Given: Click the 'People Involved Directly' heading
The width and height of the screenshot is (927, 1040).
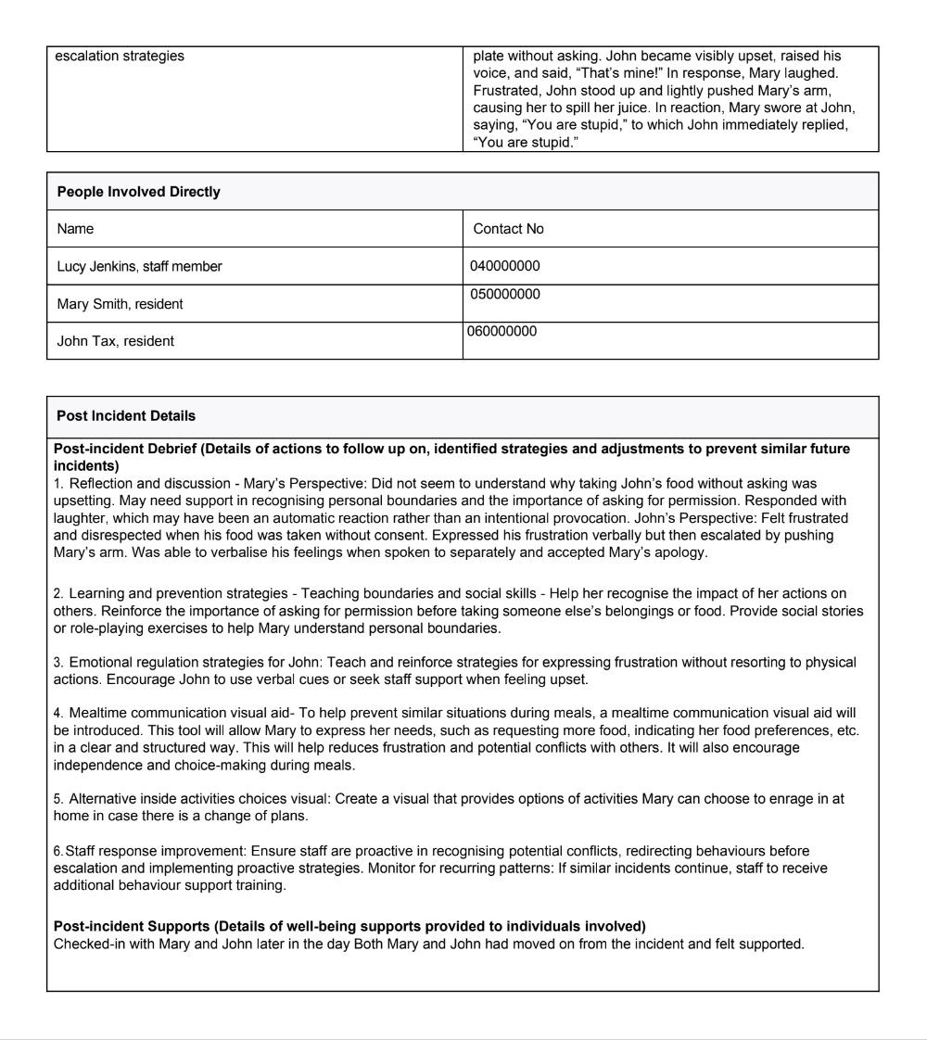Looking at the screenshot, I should (x=138, y=192).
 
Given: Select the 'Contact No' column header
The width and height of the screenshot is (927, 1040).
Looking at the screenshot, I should (x=508, y=229).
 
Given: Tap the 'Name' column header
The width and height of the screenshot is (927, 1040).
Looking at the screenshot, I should (x=75, y=229).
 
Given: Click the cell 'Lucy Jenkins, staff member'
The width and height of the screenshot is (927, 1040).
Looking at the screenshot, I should (x=139, y=267).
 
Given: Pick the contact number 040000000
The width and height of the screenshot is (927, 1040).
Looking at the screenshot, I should (x=504, y=267).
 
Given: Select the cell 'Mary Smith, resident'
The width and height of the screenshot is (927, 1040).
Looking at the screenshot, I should (x=120, y=304).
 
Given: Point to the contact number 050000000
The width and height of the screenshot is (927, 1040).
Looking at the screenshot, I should (x=504, y=295).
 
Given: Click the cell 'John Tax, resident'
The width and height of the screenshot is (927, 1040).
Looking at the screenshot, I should (x=115, y=341).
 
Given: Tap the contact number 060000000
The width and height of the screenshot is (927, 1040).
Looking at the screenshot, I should (x=502, y=331).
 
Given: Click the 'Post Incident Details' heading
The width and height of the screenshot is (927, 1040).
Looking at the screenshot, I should (x=126, y=416).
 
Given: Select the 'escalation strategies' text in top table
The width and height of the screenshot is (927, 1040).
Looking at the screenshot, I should (x=120, y=57).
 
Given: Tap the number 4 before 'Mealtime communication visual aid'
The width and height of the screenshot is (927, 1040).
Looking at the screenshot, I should (x=57, y=714).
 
